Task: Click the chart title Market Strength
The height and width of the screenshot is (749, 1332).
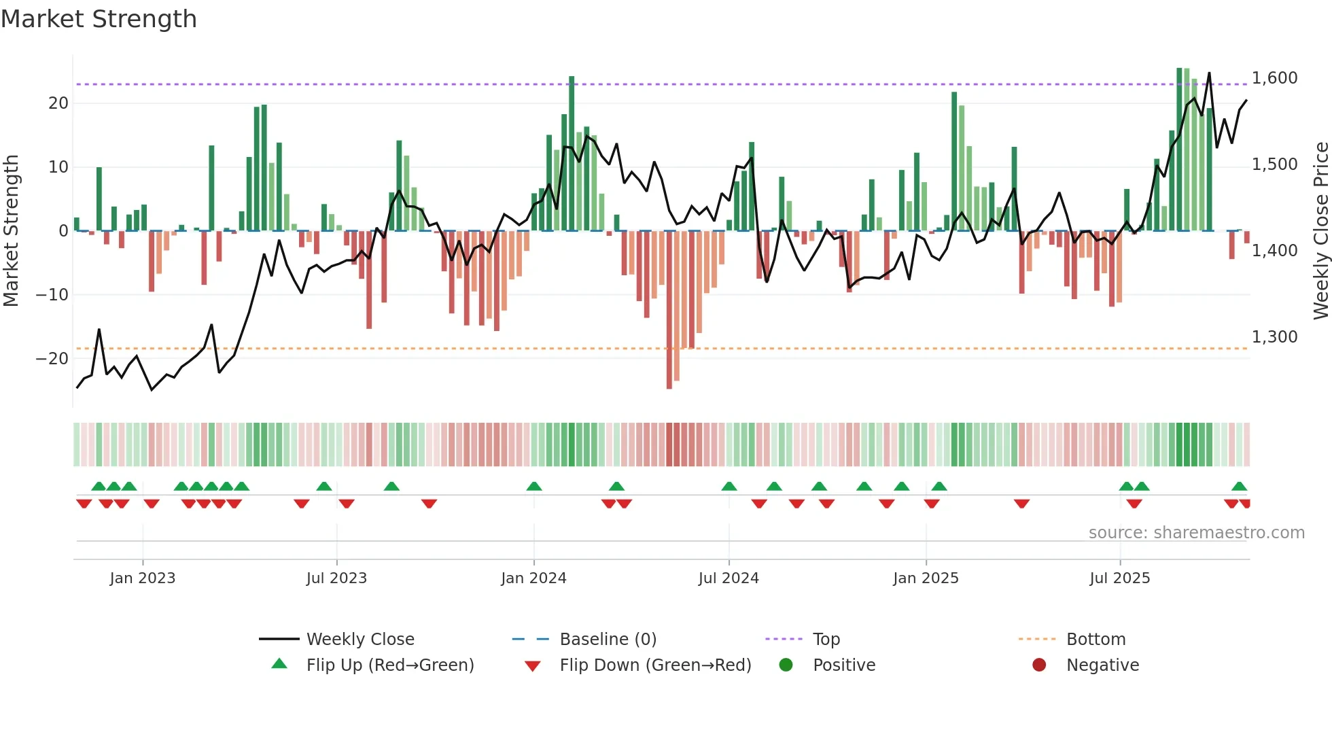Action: point(99,19)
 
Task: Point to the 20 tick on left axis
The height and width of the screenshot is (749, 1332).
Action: point(58,103)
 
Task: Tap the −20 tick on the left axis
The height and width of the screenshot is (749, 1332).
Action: point(52,358)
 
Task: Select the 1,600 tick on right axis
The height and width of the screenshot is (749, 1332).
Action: point(1274,78)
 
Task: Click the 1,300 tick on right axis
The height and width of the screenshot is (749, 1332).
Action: point(1274,337)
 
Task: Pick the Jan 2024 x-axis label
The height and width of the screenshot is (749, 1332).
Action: point(533,578)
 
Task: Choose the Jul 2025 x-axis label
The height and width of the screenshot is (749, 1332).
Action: point(1119,578)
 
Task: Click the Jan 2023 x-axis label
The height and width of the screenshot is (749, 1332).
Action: point(143,578)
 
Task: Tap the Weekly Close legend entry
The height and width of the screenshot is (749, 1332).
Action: point(360,640)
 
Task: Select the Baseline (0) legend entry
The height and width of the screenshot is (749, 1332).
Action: point(608,640)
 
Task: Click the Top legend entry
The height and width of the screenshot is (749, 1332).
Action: point(826,640)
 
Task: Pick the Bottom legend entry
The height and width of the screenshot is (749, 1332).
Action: point(1096,640)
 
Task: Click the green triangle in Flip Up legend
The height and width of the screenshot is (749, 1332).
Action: point(279,664)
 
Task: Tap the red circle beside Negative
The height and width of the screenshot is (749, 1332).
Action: point(1039,665)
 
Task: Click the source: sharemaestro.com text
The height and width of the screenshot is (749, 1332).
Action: point(1196,533)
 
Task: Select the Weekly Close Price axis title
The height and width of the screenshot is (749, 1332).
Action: point(1320,231)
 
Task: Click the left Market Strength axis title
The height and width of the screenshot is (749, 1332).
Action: point(11,231)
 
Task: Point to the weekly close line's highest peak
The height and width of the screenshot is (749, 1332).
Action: point(1209,73)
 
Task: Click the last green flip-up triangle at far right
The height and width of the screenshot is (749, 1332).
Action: point(1239,487)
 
